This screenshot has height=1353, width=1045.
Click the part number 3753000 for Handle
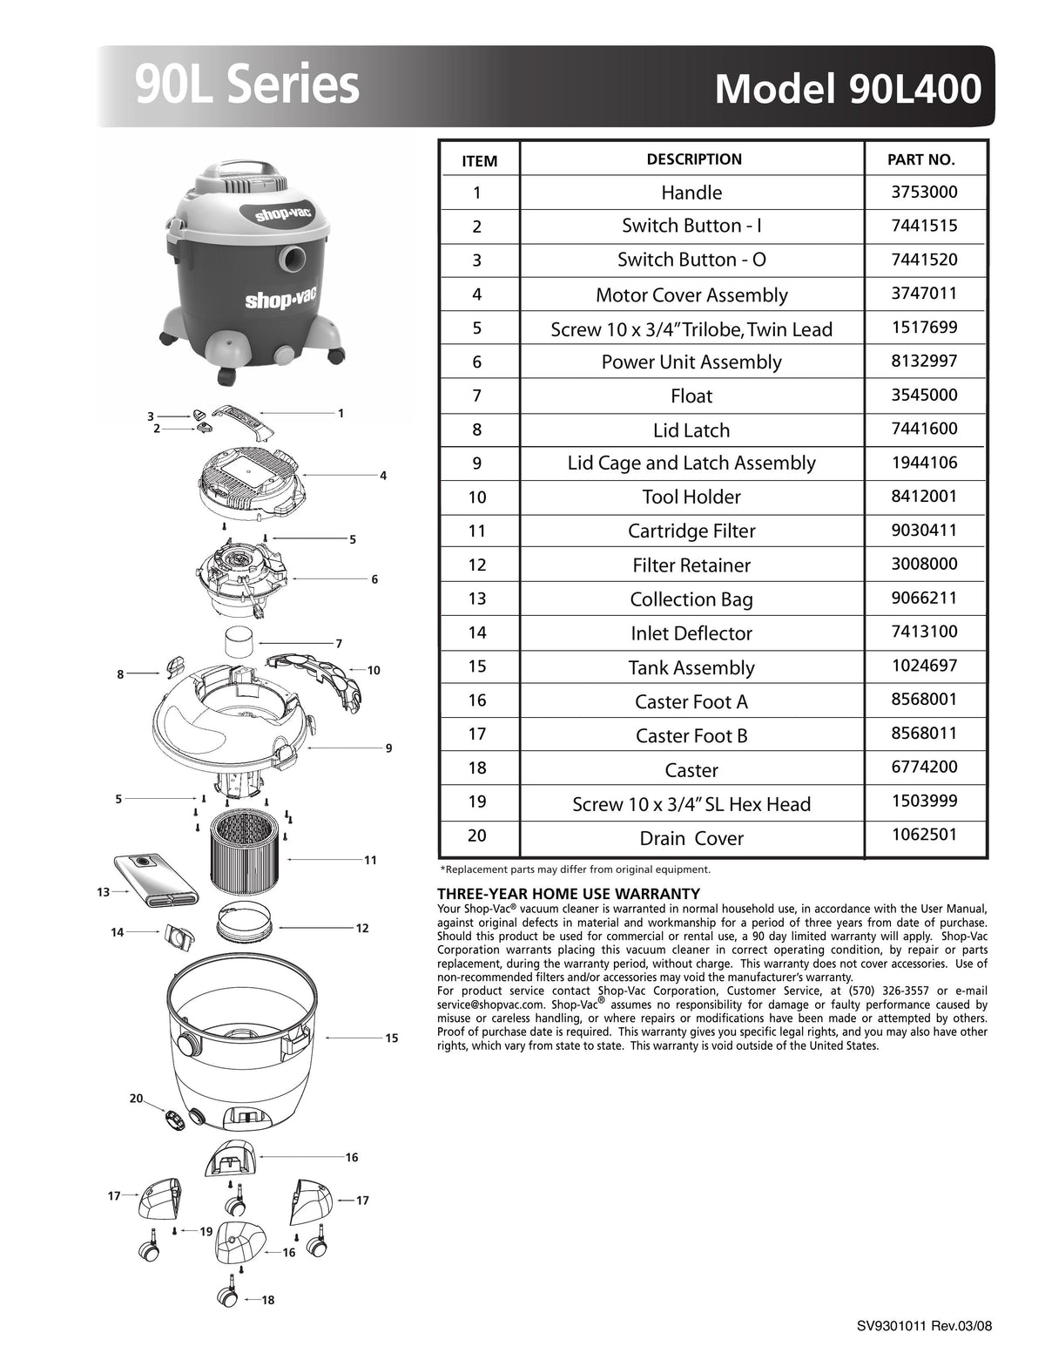(924, 192)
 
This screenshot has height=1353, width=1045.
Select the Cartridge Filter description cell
(691, 531)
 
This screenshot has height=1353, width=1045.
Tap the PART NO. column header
(920, 160)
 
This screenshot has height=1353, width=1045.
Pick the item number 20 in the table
(477, 835)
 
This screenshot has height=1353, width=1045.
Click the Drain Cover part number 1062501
(924, 835)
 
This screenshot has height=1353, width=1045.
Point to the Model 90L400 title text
(847, 89)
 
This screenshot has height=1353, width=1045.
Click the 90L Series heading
(247, 85)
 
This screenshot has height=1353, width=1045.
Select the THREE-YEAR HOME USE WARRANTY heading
(568, 894)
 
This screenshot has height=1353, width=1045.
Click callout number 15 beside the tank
(391, 1038)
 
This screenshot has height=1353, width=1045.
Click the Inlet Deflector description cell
(691, 633)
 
